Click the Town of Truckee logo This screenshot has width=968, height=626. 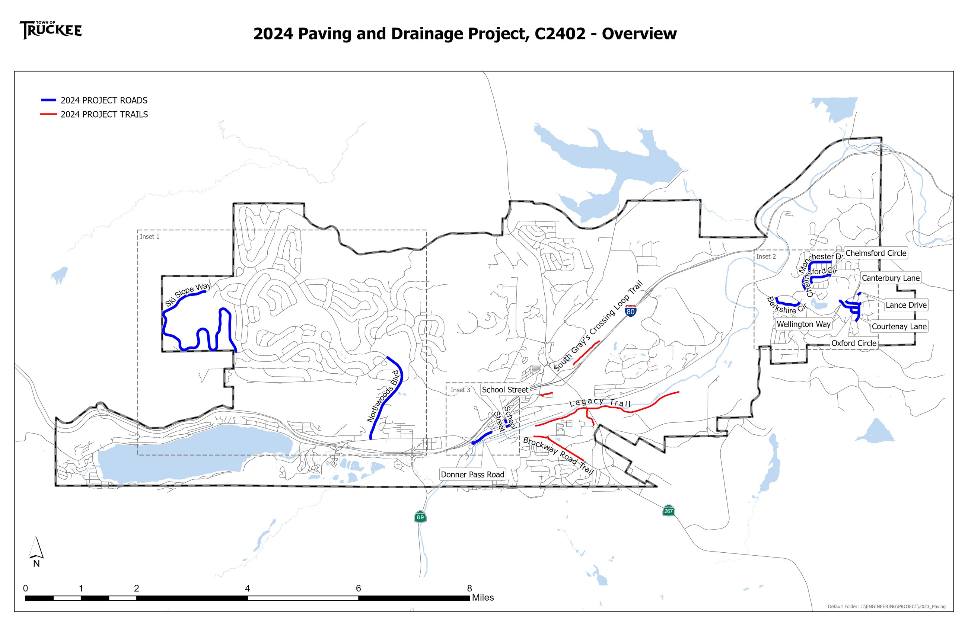(51, 30)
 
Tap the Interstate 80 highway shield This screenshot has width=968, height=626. (630, 311)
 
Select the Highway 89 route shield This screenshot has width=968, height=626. (420, 517)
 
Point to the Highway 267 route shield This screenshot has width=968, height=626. (668, 511)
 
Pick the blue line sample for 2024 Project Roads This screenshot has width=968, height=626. (48, 100)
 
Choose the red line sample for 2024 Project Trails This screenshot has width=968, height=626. (48, 114)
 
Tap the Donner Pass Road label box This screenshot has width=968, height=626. (472, 475)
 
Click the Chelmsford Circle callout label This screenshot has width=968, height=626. (876, 253)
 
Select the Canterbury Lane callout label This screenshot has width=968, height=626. (890, 278)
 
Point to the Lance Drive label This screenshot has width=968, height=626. (906, 305)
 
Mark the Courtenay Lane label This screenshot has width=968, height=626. (899, 326)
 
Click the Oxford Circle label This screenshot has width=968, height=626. (853, 343)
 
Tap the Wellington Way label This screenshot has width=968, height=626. (803, 324)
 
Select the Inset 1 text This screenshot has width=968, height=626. (150, 237)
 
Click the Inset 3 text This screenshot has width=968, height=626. (460, 390)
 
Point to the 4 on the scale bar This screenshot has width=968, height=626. (247, 588)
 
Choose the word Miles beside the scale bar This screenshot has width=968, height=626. (483, 598)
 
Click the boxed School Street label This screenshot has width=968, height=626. (505, 389)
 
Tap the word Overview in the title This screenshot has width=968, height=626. (639, 34)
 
